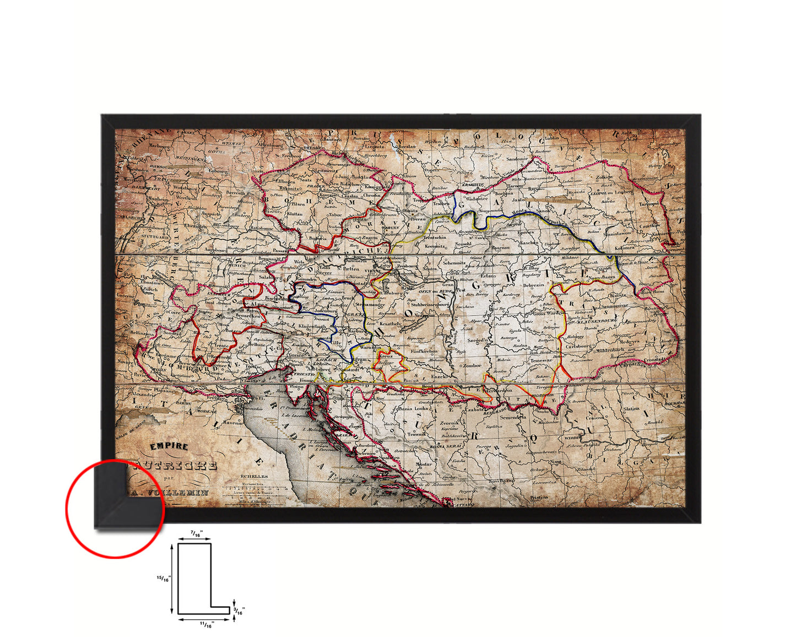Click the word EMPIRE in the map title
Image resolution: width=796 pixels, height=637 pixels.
point(170,447)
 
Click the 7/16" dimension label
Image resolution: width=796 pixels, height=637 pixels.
point(196,534)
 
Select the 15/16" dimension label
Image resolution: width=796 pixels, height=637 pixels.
point(164,579)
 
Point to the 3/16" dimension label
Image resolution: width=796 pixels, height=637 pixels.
point(239,611)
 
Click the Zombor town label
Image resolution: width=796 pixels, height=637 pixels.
point(472,365)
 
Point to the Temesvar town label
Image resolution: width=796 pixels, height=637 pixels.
point(541,360)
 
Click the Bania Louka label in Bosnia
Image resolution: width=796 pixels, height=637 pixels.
point(413,409)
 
